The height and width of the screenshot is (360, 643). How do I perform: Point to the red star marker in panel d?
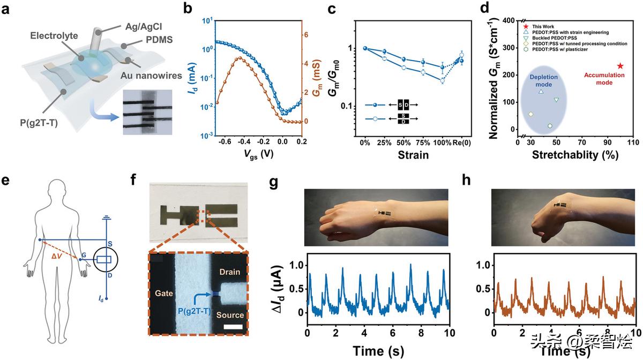(x=620, y=66)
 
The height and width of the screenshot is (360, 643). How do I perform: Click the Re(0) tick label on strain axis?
(x=462, y=144)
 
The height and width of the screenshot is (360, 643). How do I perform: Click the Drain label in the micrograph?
(x=229, y=273)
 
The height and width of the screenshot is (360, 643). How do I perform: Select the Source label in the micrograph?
(x=230, y=315)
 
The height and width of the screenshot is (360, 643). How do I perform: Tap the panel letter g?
(x=274, y=182)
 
